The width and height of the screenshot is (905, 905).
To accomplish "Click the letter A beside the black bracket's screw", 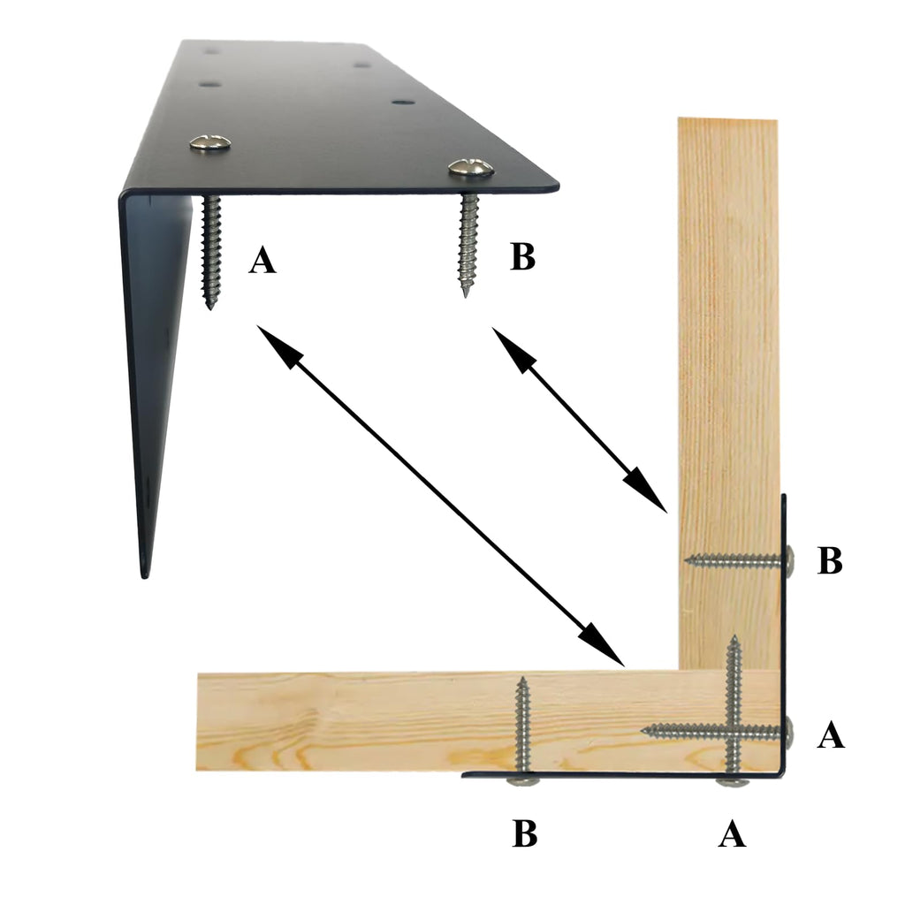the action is pos(262,260).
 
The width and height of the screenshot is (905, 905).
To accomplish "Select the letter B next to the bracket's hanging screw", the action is pos(523,257).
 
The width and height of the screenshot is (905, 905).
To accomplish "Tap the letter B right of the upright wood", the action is pos(830,560).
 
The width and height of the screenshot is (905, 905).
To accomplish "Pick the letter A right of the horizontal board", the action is pos(831,734).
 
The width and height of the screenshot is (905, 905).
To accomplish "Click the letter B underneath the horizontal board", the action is pos(525,833).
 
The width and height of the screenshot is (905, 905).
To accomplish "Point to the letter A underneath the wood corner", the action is pos(732,833).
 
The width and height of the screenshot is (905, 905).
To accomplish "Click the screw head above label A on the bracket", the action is pos(210,142).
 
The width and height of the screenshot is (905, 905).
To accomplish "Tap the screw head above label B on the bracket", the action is pos(471,167).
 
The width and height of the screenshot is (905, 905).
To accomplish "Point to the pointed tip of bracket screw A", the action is pos(210,309).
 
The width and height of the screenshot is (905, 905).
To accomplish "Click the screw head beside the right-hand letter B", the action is pos(789,559).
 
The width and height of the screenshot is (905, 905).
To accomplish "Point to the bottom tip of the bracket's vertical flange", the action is pos(145,576).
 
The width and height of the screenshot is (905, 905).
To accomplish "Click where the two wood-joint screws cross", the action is pos(734,732).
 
